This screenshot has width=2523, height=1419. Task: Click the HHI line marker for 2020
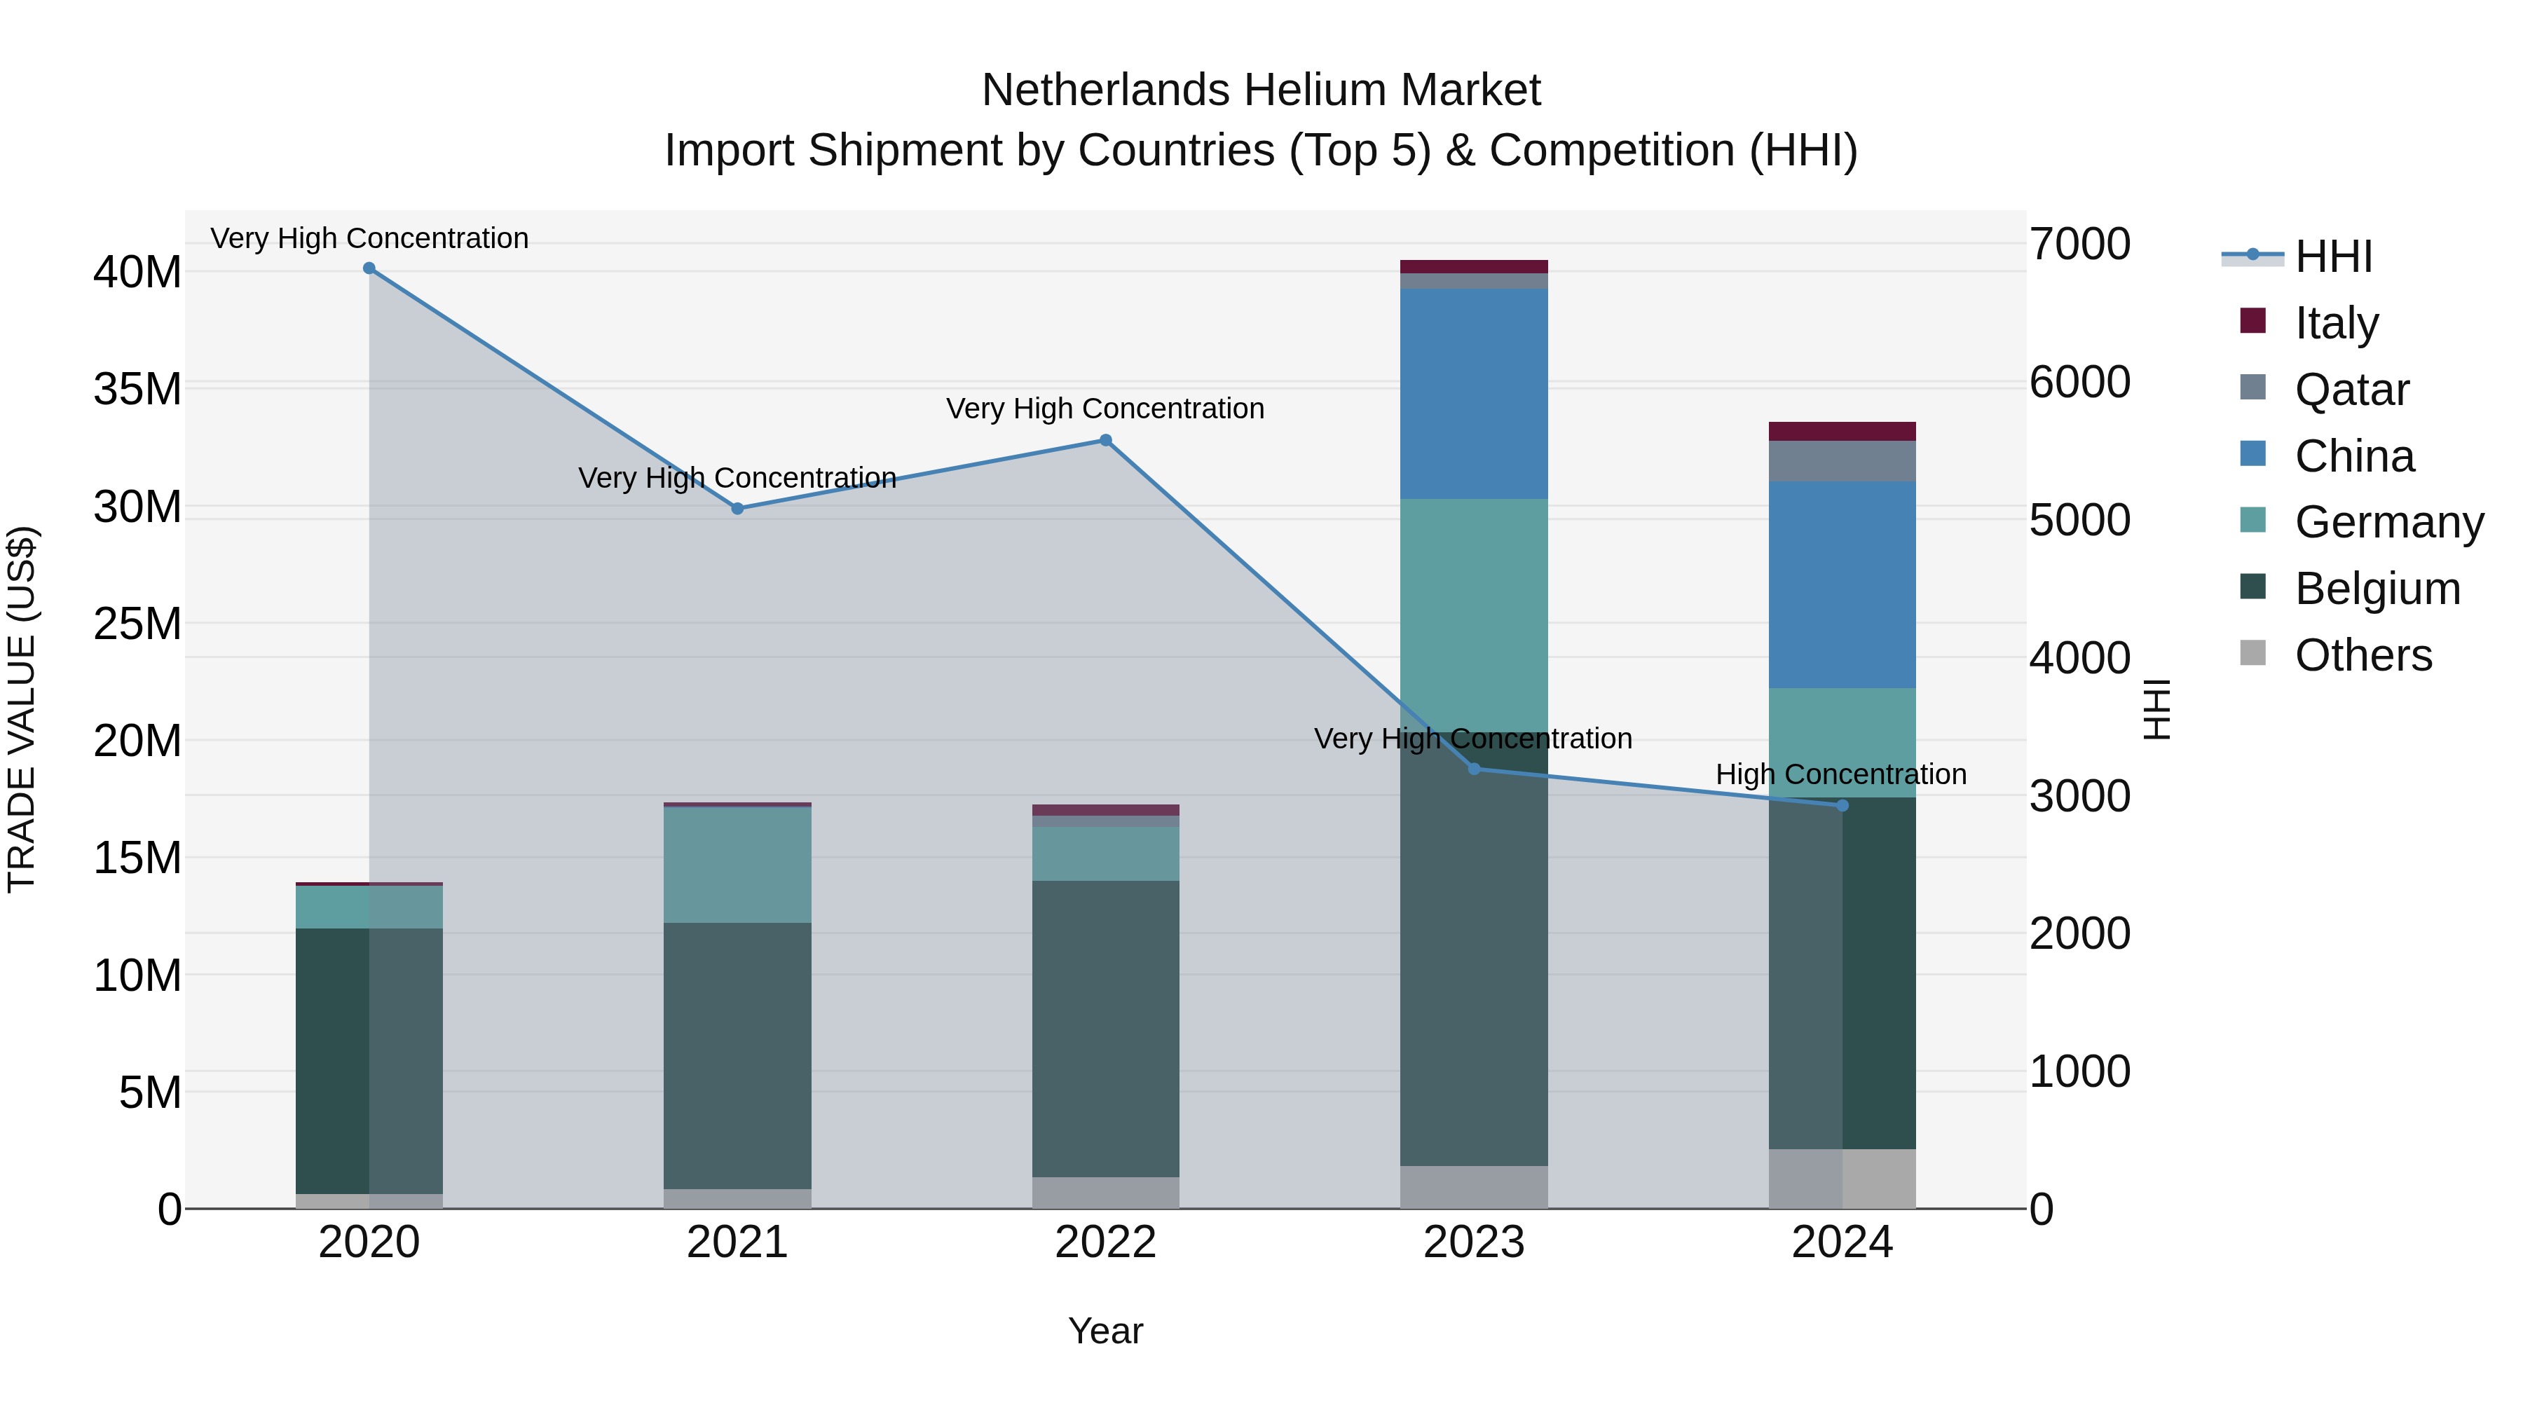369,268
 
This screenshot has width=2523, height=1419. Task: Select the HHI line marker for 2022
1106,441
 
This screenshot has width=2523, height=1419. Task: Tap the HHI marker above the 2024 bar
1842,806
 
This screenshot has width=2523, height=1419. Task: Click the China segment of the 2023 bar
1474,394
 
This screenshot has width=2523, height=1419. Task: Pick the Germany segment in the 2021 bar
737,865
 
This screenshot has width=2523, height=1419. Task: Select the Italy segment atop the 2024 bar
1842,432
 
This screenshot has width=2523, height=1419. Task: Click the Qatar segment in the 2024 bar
1842,461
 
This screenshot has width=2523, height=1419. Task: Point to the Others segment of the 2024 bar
1842,1179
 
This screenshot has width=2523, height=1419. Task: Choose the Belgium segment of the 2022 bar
1106,1028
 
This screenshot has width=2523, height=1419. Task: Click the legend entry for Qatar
2351,390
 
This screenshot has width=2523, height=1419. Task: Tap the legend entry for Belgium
2377,589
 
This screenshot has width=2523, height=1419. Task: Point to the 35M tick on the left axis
137,390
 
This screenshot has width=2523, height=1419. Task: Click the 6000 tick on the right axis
2079,382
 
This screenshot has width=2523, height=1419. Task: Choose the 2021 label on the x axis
737,1242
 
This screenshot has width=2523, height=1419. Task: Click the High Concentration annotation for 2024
1840,774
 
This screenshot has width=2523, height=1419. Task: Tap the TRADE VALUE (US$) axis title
22,709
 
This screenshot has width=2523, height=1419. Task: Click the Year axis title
1106,1331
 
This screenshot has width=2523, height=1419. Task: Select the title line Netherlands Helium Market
1261,90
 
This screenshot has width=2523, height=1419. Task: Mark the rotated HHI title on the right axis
2158,709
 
